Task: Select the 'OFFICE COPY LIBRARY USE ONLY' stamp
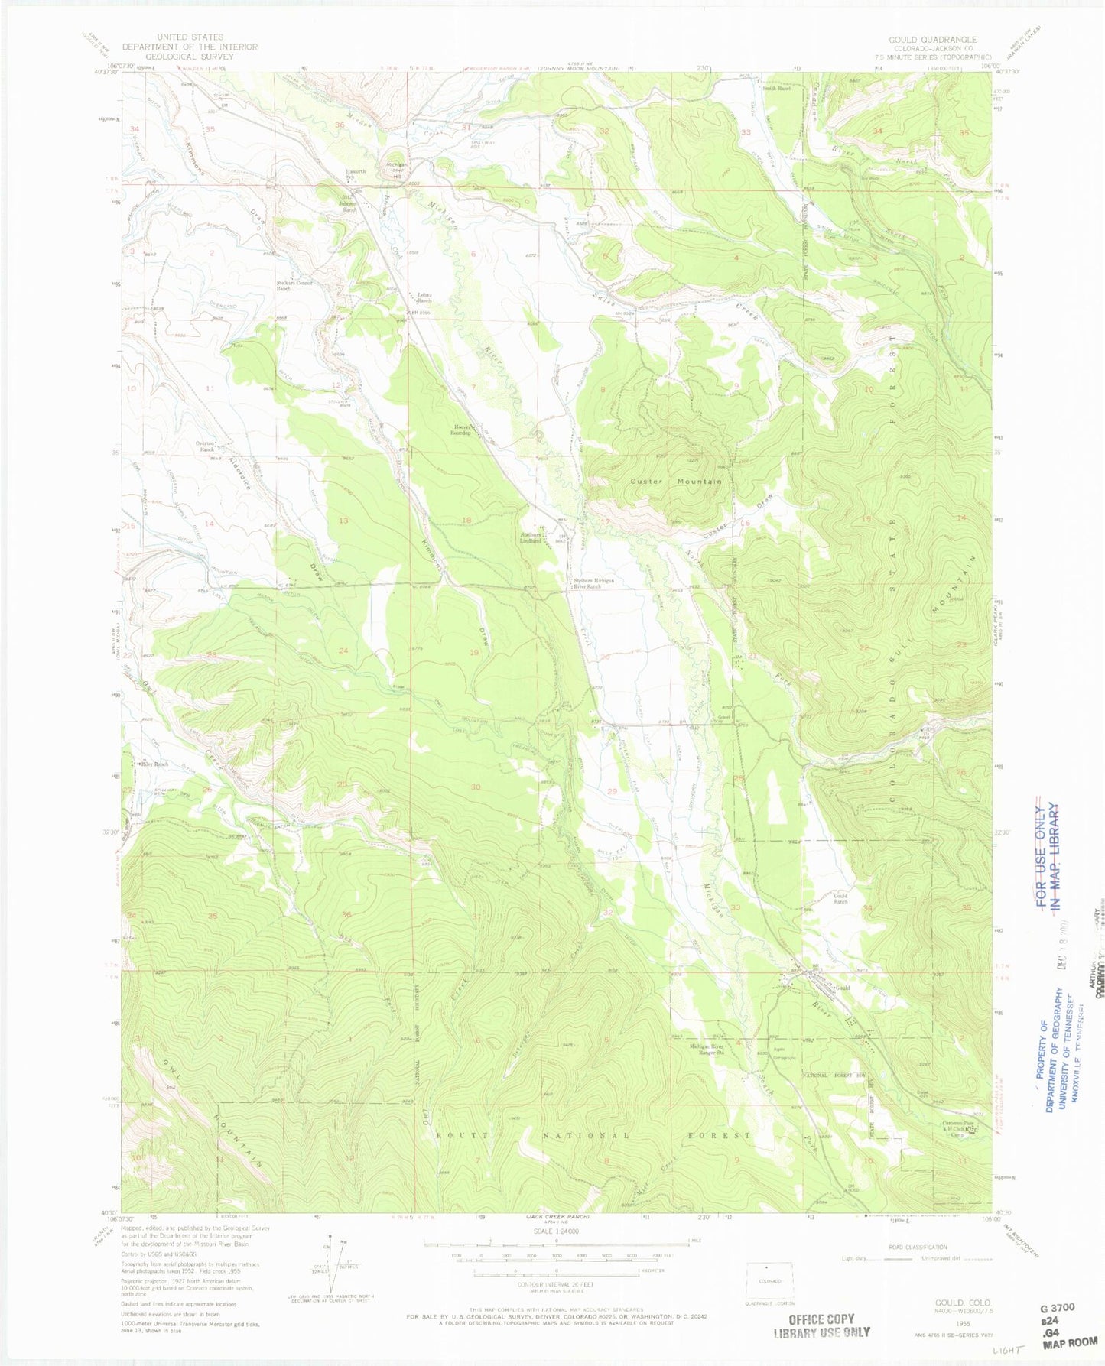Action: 821,1325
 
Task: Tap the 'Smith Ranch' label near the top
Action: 776,88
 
